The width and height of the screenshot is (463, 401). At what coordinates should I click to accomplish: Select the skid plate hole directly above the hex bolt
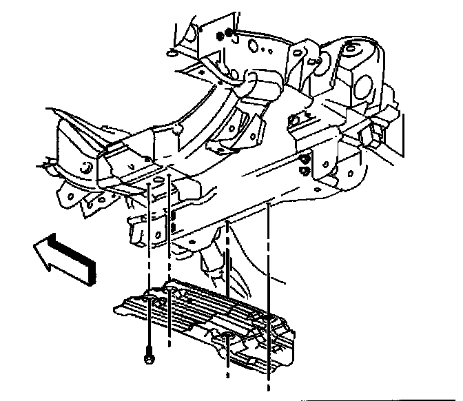[x=149, y=298]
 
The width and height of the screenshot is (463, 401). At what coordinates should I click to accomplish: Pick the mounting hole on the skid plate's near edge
[x=227, y=338]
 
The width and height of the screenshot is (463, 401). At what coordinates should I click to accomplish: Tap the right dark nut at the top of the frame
[x=230, y=33]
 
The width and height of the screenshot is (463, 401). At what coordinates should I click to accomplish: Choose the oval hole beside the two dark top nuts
[x=254, y=47]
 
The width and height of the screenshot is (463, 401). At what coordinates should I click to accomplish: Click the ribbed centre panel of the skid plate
[x=207, y=307]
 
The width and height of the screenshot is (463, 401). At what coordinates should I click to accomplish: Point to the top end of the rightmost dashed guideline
[x=267, y=204]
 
